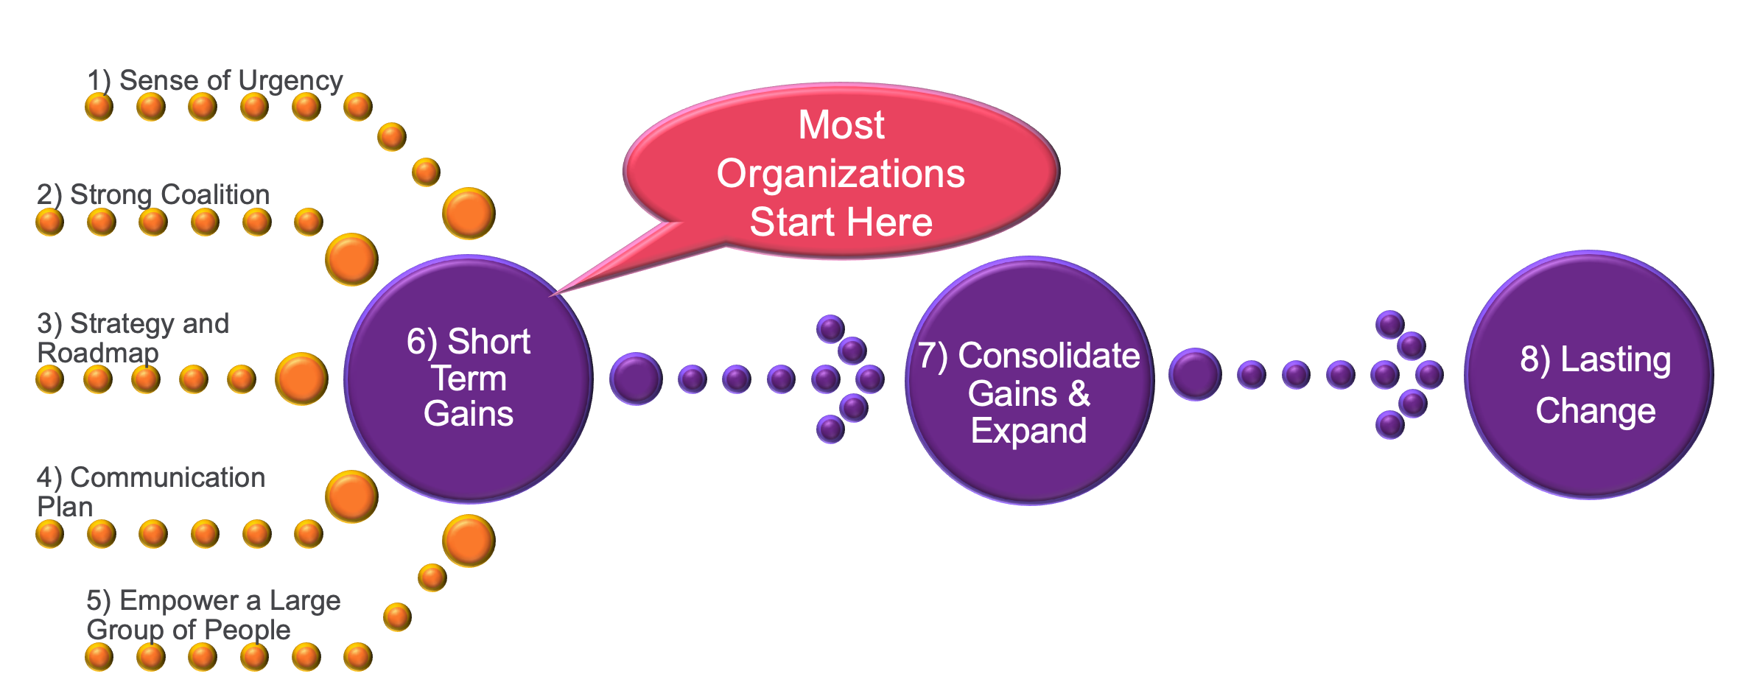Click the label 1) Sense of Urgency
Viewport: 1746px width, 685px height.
pyautogui.click(x=214, y=80)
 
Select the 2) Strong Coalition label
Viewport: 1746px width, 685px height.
pyautogui.click(x=153, y=195)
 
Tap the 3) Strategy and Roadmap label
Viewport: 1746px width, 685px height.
pyautogui.click(x=133, y=338)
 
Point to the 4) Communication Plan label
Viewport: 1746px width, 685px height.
pyautogui.click(x=150, y=491)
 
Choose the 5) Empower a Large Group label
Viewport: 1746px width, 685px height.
pyautogui.click(x=213, y=615)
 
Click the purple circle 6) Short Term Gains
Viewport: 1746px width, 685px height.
pyautogui.click(x=469, y=379)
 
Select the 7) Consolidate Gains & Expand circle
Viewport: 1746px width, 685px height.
pyautogui.click(x=1029, y=380)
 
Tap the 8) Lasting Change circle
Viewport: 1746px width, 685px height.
pyautogui.click(x=1589, y=376)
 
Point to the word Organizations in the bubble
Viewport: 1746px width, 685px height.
pyautogui.click(x=841, y=174)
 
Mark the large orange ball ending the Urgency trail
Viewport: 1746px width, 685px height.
pyautogui.click(x=469, y=214)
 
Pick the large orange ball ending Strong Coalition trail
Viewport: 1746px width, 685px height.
pyautogui.click(x=351, y=259)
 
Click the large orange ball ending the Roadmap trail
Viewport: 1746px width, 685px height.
pyautogui.click(x=301, y=379)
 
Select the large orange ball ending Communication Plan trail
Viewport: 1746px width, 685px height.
pyautogui.click(x=351, y=496)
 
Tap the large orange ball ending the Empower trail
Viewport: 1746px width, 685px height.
pyautogui.click(x=469, y=541)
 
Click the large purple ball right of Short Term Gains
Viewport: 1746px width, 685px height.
pyautogui.click(x=636, y=379)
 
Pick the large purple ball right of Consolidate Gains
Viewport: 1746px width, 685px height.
pyautogui.click(x=1195, y=374)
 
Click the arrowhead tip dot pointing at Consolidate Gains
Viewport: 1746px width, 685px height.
pyautogui.click(x=870, y=379)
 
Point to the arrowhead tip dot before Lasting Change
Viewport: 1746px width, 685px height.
pyautogui.click(x=1429, y=375)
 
